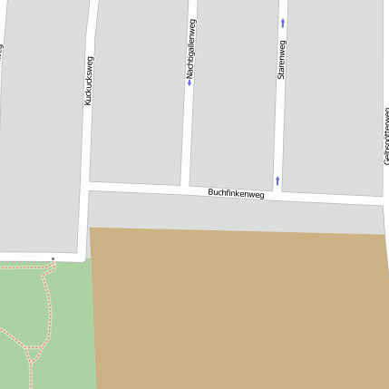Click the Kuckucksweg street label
point(88,81)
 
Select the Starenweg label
point(282,61)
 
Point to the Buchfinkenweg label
point(236,193)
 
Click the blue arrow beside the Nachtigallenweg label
point(190,83)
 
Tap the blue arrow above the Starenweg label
point(283,22)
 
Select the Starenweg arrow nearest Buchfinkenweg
point(277,180)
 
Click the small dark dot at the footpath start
point(53,258)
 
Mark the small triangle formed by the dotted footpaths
point(34,352)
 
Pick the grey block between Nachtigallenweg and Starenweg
point(234,91)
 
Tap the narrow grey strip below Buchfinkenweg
point(236,213)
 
